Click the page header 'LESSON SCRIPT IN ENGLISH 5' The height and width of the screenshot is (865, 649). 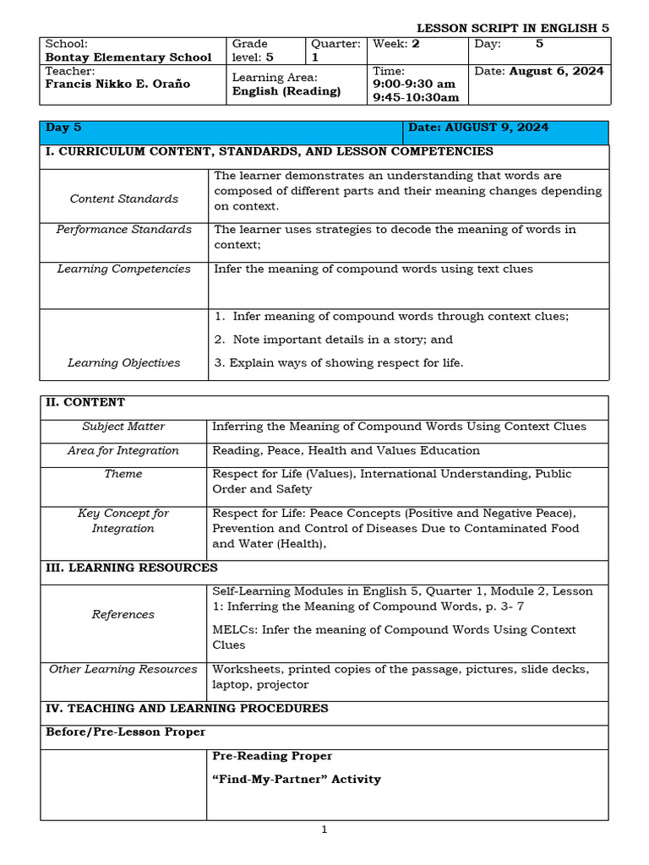[x=512, y=28]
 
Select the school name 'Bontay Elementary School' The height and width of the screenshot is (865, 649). [x=128, y=57]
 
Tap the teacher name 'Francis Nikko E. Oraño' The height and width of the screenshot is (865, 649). [x=117, y=84]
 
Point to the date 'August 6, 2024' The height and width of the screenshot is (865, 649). [x=556, y=71]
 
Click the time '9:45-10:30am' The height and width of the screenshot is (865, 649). [x=416, y=97]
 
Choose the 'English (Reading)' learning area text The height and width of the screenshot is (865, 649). [x=286, y=91]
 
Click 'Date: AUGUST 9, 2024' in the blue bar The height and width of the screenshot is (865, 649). [x=478, y=128]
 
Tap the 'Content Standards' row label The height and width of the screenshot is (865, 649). [x=123, y=199]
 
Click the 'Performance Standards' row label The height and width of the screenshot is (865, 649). [x=123, y=229]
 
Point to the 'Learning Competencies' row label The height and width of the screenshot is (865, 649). [x=123, y=269]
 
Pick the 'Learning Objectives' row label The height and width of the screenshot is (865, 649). [x=123, y=362]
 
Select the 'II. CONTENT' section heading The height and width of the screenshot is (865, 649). [x=85, y=402]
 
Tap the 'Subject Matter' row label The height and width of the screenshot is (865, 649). [x=123, y=427]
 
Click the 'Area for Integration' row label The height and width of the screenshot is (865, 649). [x=123, y=450]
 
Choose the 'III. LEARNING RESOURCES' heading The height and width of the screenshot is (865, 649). [x=131, y=568]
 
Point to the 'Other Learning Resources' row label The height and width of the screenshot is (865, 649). [x=123, y=669]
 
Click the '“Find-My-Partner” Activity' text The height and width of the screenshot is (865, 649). [x=297, y=779]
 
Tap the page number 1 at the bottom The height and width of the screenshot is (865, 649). [x=324, y=830]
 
